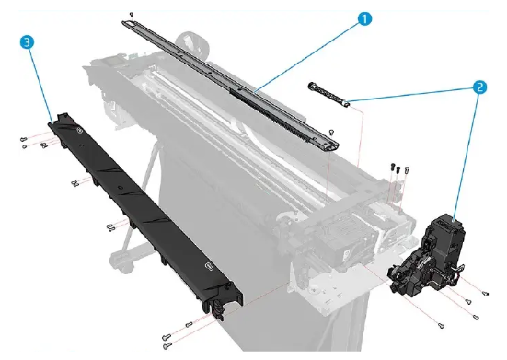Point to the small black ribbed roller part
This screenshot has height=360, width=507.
(327, 95)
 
